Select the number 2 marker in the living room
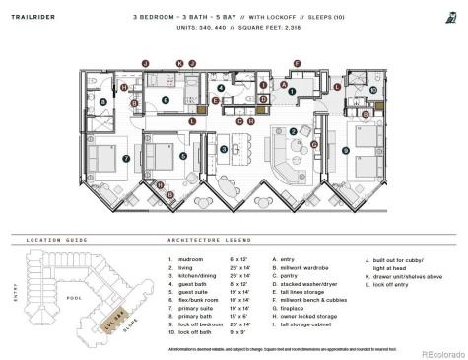293,132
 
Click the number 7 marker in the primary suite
126,158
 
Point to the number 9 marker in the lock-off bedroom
345,150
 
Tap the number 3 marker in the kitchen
224,149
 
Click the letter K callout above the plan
179,63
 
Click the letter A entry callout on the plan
283,86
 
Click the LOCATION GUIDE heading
45,239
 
